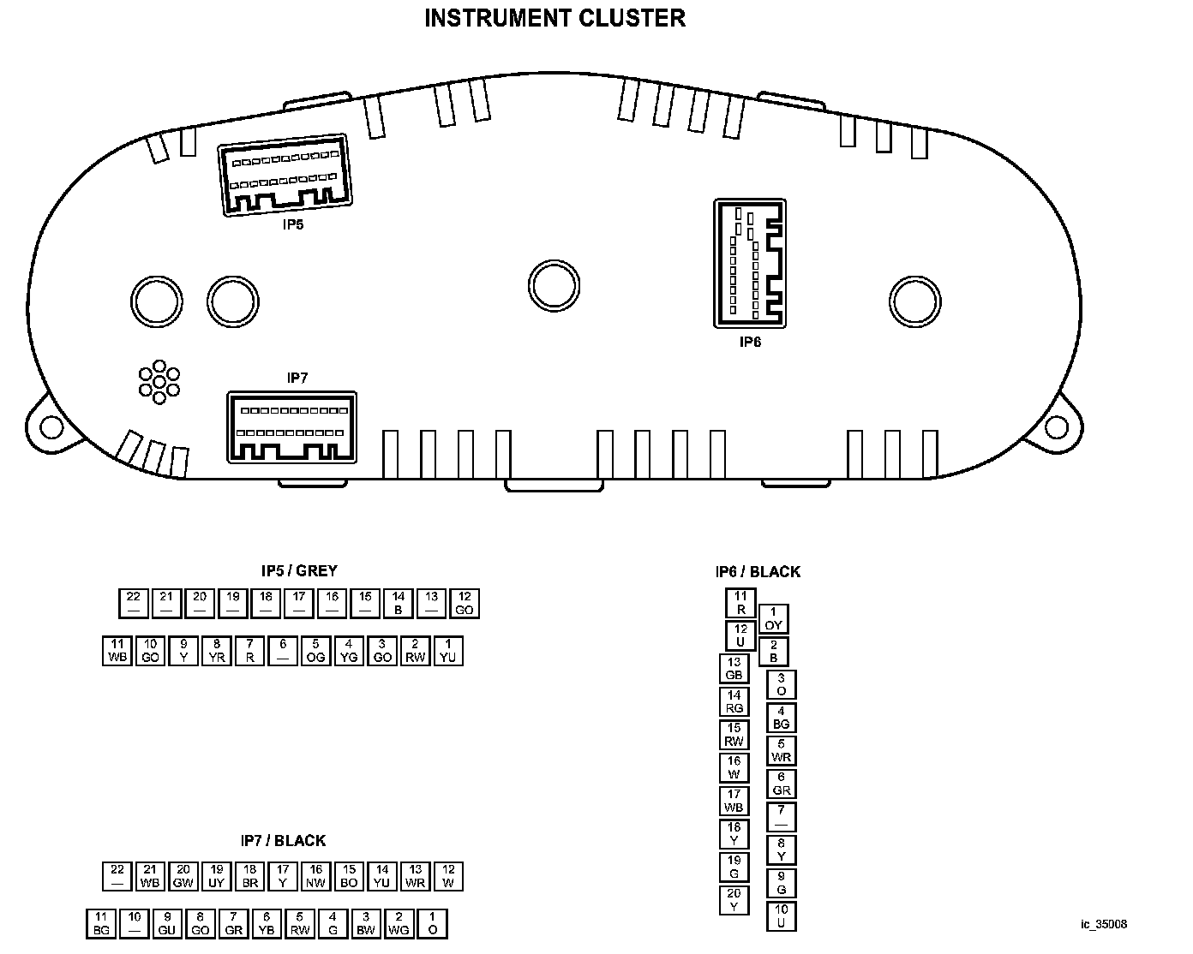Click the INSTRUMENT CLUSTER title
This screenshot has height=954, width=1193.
click(x=555, y=18)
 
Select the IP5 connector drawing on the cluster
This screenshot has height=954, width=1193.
click(x=285, y=175)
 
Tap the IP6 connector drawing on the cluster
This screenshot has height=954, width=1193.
click(x=750, y=263)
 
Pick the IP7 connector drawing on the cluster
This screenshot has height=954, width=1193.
click(x=291, y=427)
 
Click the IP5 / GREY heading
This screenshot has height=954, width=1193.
click(x=299, y=570)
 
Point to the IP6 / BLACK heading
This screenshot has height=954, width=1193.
click(x=758, y=571)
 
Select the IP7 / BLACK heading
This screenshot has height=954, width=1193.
click(x=283, y=841)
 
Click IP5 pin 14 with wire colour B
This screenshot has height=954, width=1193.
click(x=399, y=604)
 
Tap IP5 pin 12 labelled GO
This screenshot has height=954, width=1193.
click(x=465, y=604)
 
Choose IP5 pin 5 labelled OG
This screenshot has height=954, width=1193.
click(x=316, y=651)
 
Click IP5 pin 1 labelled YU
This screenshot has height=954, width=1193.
click(x=448, y=651)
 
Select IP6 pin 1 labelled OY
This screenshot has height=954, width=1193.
click(x=773, y=619)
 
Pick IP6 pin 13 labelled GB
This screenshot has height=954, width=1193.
click(x=734, y=669)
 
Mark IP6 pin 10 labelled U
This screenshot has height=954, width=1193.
click(x=781, y=916)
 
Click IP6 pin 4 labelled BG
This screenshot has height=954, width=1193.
click(x=781, y=718)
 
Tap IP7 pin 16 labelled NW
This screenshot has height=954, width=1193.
click(x=316, y=876)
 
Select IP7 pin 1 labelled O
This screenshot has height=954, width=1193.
click(x=432, y=923)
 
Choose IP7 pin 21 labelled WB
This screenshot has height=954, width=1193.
click(x=151, y=876)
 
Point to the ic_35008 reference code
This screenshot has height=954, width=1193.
click(x=1104, y=925)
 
